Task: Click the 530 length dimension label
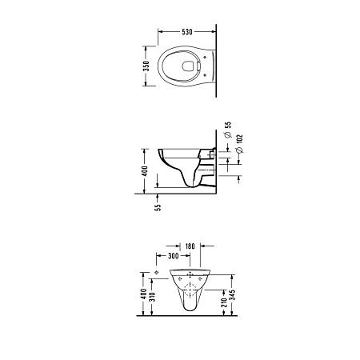tap(187, 32)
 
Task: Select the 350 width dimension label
tap(146, 66)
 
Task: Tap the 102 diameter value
tap(240, 139)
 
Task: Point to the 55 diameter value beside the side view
tap(228, 125)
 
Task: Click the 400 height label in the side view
tap(145, 171)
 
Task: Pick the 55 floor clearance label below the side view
tap(158, 207)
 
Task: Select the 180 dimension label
tap(190, 246)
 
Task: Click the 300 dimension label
tap(174, 256)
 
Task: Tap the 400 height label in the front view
tap(144, 294)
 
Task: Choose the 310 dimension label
tap(152, 296)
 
